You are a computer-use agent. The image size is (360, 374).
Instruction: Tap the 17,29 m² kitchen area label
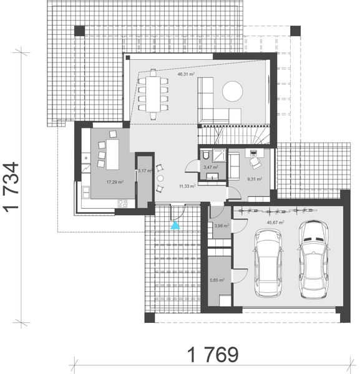tap(114, 183)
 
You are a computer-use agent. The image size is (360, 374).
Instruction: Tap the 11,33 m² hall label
tap(187, 185)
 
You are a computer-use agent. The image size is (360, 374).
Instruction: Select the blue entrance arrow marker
tap(175, 226)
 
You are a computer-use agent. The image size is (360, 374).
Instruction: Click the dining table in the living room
tap(153, 93)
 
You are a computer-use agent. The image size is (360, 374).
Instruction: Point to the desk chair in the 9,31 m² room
tap(256, 162)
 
